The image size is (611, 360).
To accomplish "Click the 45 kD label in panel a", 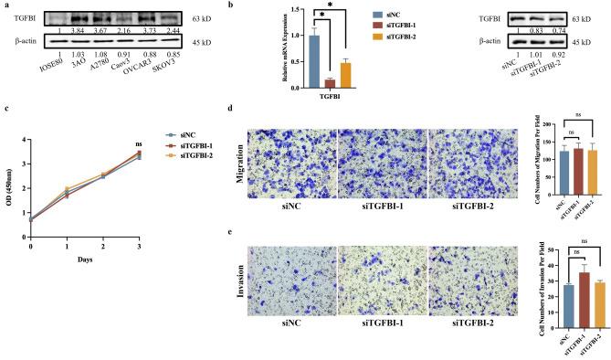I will (x=203, y=42).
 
